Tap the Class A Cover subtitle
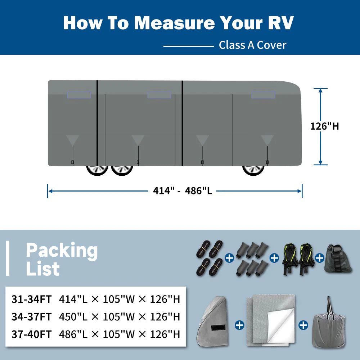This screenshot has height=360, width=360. pyautogui.click(x=252, y=45)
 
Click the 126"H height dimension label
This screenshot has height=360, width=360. pyautogui.click(x=324, y=126)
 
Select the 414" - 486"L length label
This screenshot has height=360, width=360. pyautogui.click(x=183, y=191)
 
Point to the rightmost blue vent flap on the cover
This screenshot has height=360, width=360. pyautogui.click(x=263, y=95)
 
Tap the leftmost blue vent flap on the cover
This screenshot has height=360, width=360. pyautogui.click(x=79, y=95)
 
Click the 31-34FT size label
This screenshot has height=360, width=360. pyautogui.click(x=31, y=299)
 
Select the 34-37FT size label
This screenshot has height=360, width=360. pyautogui.click(x=31, y=316)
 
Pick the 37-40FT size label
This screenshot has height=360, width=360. pyautogui.click(x=31, y=334)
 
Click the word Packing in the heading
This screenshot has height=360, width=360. pyautogui.click(x=62, y=250)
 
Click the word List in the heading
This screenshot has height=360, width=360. pyautogui.click(x=42, y=269)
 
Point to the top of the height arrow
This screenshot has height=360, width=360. pyautogui.click(x=320, y=89)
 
